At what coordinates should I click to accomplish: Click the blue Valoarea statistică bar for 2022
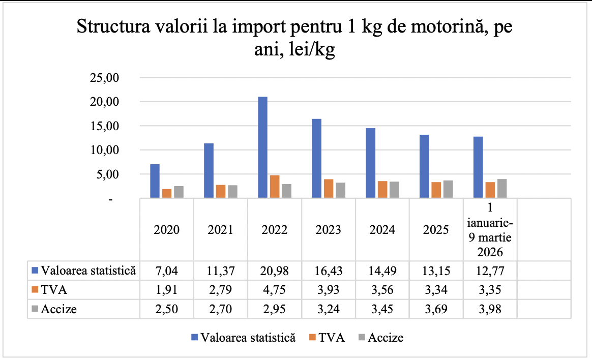pyautogui.click(x=262, y=147)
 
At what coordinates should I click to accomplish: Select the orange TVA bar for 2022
pyautogui.click(x=275, y=186)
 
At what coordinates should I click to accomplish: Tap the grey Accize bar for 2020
pyautogui.click(x=179, y=192)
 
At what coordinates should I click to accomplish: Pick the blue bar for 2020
pyautogui.click(x=155, y=181)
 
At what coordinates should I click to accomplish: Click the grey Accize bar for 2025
pyautogui.click(x=448, y=189)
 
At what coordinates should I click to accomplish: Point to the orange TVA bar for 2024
pyautogui.click(x=382, y=189)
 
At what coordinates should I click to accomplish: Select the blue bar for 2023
pyautogui.click(x=316, y=158)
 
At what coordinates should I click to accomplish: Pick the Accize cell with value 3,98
pyautogui.click(x=490, y=308)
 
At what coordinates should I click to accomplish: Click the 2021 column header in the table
pyautogui.click(x=221, y=229)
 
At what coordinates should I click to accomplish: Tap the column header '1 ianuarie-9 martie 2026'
pyautogui.click(x=490, y=229)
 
